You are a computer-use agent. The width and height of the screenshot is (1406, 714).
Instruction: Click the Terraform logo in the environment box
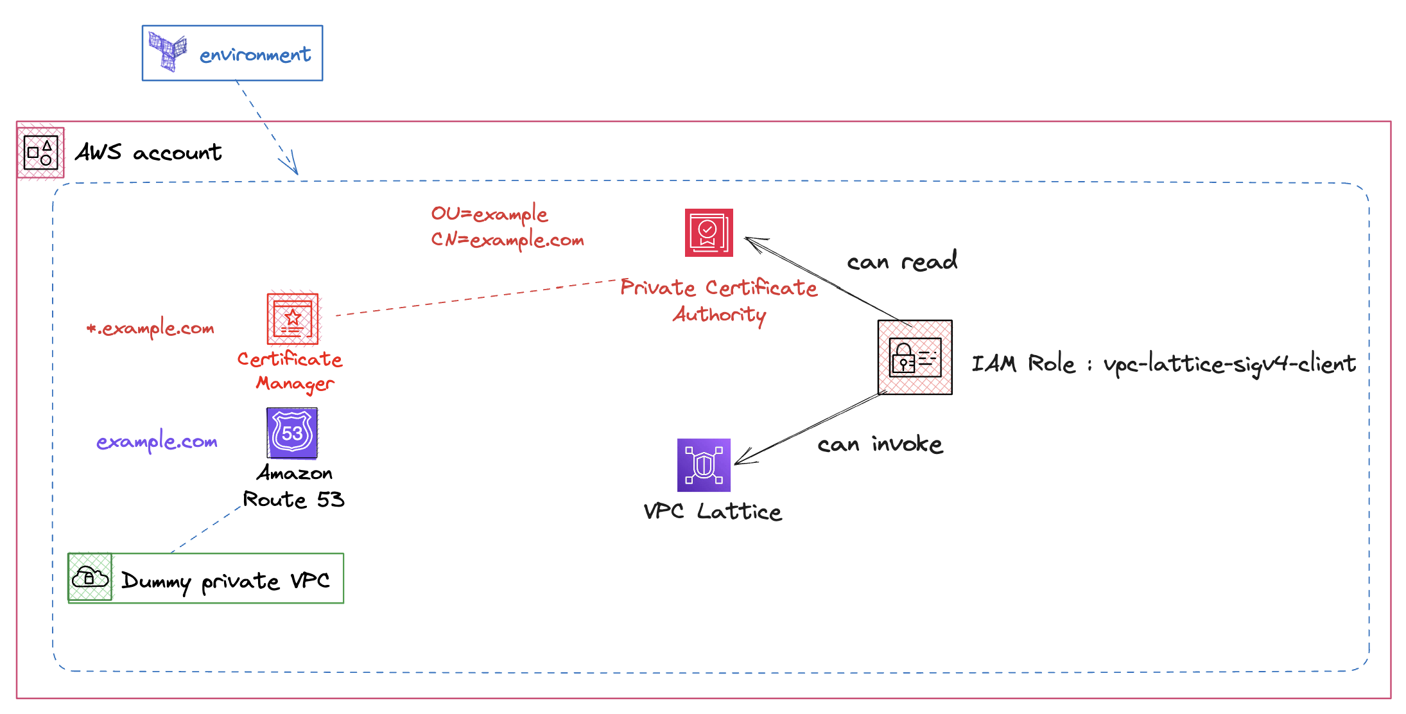tap(168, 51)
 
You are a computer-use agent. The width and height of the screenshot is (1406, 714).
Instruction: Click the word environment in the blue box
tap(255, 55)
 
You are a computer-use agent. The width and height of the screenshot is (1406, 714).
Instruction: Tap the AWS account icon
tap(40, 153)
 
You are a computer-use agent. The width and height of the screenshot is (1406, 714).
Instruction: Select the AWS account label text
tap(148, 153)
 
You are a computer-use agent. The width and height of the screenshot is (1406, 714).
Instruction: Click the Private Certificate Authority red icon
tap(709, 232)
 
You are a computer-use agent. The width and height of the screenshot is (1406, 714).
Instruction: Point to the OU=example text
tap(489, 214)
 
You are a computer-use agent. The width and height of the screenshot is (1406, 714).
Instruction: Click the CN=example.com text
tap(507, 240)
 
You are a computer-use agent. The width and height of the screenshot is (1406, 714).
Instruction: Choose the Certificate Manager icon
tap(293, 319)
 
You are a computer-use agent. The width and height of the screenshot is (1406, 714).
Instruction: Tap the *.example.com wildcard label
tap(151, 329)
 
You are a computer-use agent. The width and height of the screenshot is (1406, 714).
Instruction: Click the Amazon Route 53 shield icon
tap(292, 433)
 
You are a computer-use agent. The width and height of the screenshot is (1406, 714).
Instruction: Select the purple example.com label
tap(157, 442)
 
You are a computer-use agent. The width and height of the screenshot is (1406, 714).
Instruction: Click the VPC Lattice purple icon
tap(704, 465)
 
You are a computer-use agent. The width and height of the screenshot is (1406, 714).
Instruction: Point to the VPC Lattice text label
tap(713, 512)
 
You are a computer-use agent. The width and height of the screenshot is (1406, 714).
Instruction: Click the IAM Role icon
tap(915, 358)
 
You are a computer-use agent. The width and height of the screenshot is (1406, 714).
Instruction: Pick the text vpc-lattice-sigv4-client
tap(1229, 365)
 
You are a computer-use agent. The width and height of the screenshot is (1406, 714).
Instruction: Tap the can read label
tap(902, 261)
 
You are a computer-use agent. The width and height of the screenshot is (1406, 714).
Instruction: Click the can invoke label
tap(880, 444)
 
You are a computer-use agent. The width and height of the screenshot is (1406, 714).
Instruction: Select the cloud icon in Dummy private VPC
tap(90, 577)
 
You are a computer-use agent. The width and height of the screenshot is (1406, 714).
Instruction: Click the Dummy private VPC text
tap(225, 581)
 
